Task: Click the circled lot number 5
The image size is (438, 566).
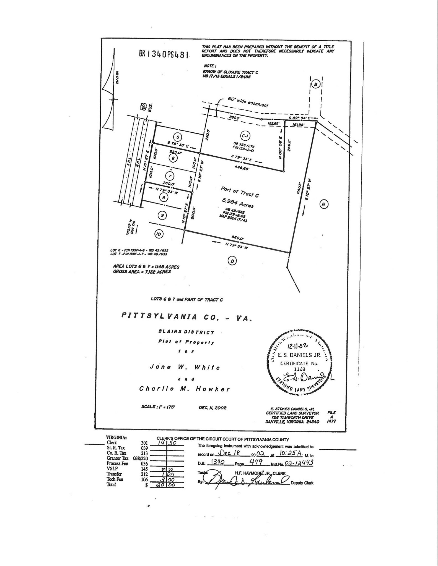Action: click(178, 137)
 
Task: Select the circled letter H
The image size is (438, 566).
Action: click(324, 204)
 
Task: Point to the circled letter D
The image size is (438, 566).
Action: click(232, 261)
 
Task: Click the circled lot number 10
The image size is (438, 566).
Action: click(158, 234)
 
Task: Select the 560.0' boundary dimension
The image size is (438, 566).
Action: click(238, 238)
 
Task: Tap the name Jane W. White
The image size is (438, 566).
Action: click(185, 367)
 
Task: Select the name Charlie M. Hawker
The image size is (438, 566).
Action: click(184, 389)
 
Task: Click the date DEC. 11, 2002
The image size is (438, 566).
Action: click(212, 408)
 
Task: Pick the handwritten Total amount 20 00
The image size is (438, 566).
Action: click(167, 485)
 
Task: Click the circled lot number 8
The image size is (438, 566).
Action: click(164, 197)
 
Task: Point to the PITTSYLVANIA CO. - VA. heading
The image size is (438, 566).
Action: click(187, 317)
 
